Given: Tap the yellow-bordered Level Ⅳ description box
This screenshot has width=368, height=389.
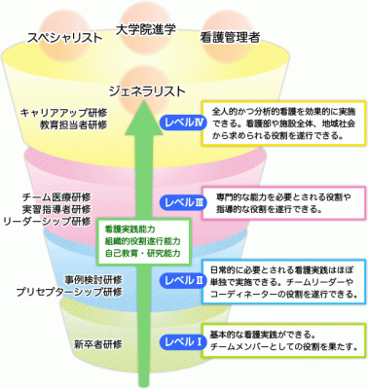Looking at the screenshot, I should (282, 123).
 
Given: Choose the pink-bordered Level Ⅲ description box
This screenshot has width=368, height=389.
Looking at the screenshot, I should (283, 202).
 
